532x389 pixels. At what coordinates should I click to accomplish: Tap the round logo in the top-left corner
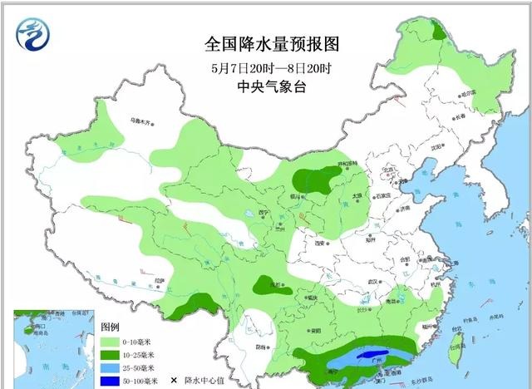[34, 34]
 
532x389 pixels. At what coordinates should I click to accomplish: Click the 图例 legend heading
[111, 327]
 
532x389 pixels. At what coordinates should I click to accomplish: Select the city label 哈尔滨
[472, 92]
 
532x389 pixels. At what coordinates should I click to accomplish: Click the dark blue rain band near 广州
[375, 358]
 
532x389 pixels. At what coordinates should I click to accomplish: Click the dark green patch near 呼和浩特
[317, 177]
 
